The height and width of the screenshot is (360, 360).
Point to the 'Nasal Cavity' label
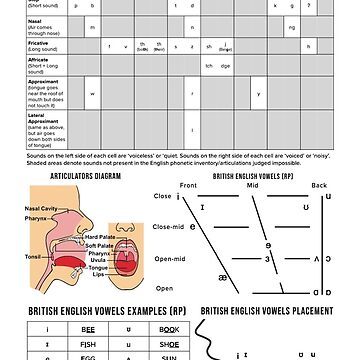42,208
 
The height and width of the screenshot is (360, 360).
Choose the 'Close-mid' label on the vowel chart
167,227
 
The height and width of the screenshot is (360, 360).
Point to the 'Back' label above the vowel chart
319,185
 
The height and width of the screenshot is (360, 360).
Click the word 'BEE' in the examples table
88,327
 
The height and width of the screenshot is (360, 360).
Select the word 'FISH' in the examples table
88,341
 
